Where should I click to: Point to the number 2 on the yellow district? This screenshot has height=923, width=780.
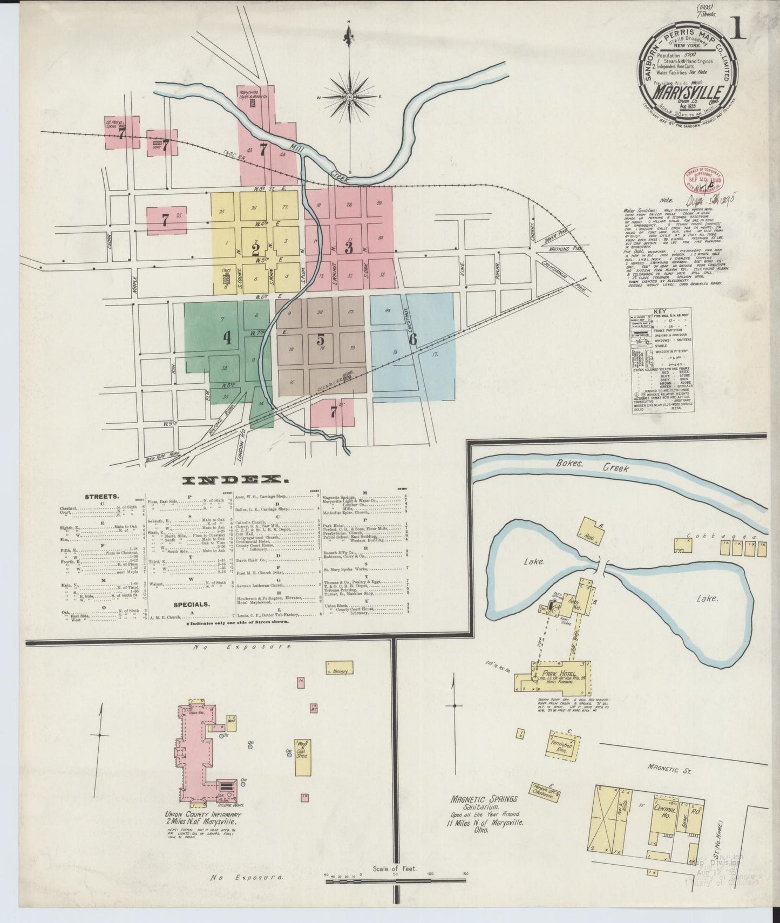click(x=256, y=249)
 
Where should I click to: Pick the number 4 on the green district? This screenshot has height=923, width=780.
click(x=227, y=338)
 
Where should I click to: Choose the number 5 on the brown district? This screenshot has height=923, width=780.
click(x=321, y=340)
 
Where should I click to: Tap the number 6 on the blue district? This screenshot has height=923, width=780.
click(x=413, y=338)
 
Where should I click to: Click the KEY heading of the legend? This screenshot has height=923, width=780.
click(x=661, y=312)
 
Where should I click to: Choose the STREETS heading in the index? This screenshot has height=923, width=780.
click(x=101, y=496)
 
